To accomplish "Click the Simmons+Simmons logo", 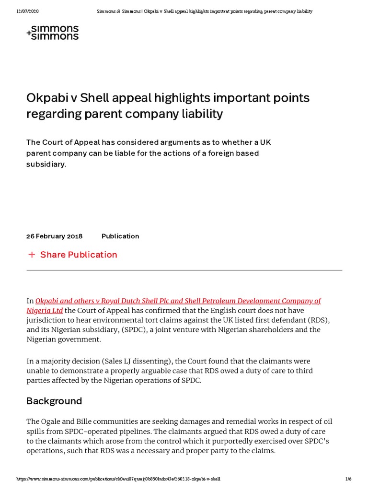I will tap(53, 33).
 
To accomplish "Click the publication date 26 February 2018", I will tap(54, 236).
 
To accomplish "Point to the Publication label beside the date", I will tap(120, 236).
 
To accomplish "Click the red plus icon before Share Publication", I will tap(32, 255).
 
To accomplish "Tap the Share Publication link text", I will tap(79, 255).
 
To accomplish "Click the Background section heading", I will tap(54, 401).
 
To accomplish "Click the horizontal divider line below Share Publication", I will tap(184, 270).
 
